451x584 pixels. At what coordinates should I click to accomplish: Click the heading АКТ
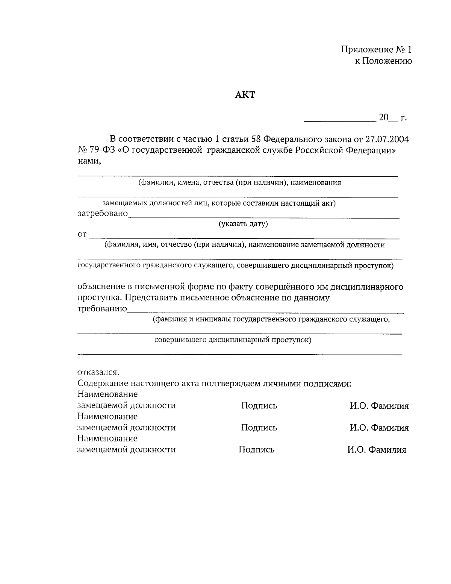pos(245,95)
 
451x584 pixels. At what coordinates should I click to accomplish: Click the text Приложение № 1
pos(377,50)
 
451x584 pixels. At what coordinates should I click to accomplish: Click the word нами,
pos(89,161)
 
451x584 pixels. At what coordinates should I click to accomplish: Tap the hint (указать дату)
pos(243,224)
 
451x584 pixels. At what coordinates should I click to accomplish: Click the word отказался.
pos(98,372)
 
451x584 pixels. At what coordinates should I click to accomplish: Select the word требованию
pos(102,309)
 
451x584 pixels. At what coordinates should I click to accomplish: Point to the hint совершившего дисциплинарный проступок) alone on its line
pos(233,340)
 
